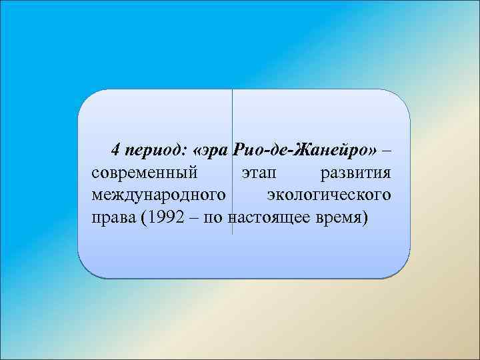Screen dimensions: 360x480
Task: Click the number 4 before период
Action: coord(115,149)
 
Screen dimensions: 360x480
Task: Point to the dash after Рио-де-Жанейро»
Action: coord(385,149)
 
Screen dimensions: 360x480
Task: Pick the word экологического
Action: coord(328,195)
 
